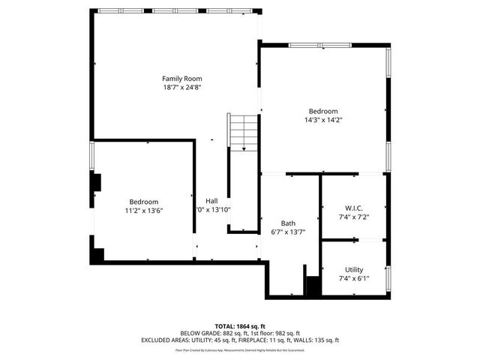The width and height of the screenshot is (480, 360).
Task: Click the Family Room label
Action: click(x=182, y=78)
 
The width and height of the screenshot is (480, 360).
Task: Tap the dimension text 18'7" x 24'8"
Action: click(x=182, y=88)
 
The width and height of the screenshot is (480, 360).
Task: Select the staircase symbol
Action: click(x=242, y=133)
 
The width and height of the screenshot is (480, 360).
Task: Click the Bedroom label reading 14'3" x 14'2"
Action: click(x=323, y=110)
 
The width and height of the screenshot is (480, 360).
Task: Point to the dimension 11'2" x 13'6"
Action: click(x=143, y=211)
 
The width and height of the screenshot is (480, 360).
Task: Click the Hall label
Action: click(x=211, y=201)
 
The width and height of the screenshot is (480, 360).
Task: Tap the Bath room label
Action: click(x=288, y=223)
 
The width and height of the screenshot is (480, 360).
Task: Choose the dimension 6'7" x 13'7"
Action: click(x=288, y=232)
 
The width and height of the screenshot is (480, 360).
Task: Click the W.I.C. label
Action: click(x=354, y=208)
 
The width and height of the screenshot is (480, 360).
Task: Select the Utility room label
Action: click(x=354, y=269)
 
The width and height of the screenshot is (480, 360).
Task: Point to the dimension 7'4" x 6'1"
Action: click(x=354, y=278)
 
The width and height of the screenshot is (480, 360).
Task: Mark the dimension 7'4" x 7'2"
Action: click(x=354, y=217)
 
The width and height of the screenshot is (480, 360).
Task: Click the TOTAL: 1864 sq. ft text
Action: click(x=240, y=325)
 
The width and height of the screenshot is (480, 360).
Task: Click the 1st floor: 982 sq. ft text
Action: click(x=278, y=333)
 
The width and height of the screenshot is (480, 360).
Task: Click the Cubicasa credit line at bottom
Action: click(x=240, y=349)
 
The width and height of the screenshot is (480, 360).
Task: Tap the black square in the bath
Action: click(x=313, y=286)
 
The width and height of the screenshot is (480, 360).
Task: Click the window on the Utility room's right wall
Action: click(x=388, y=277)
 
